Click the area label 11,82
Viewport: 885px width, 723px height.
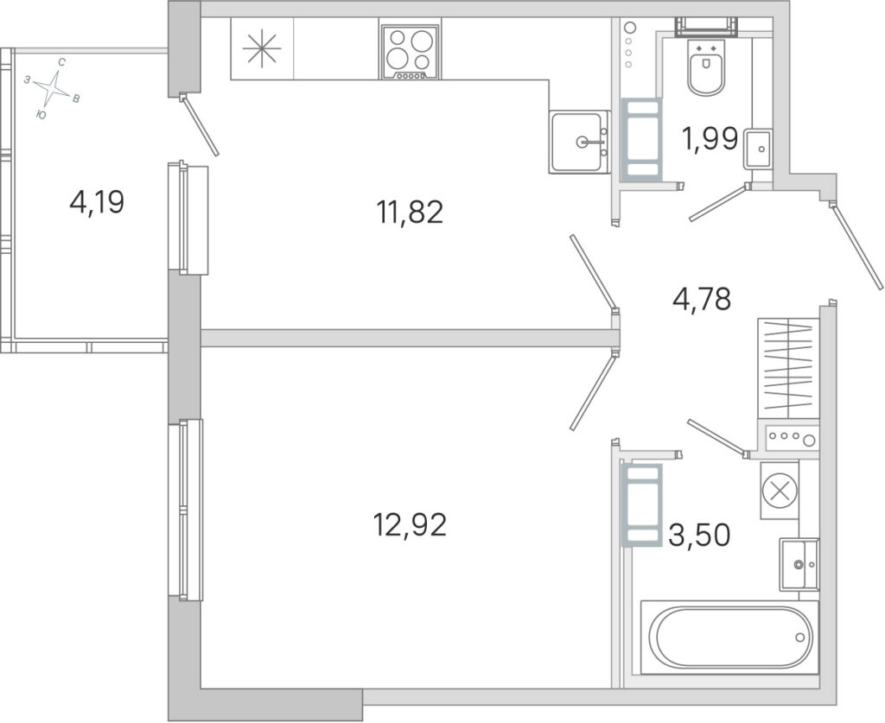(x=410, y=212)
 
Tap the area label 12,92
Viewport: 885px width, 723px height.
(x=410, y=525)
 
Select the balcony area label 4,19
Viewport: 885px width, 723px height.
(x=97, y=202)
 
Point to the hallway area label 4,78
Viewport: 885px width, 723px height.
(x=702, y=299)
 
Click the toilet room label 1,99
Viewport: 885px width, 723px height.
(x=710, y=139)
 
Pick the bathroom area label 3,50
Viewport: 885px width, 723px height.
(x=699, y=535)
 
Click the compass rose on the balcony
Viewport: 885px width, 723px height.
(x=53, y=87)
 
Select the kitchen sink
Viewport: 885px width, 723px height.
(x=579, y=142)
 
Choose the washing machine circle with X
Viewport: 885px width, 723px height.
(x=780, y=490)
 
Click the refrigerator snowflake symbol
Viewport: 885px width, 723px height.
(x=262, y=48)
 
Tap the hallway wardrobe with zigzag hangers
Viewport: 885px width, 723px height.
(x=789, y=368)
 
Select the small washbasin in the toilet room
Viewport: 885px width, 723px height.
(x=758, y=149)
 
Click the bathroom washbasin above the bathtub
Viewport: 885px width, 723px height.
(x=799, y=564)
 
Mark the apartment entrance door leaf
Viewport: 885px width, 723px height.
(x=856, y=247)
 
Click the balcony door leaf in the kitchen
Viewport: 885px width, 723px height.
(x=200, y=124)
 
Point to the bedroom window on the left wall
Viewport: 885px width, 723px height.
(x=185, y=510)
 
